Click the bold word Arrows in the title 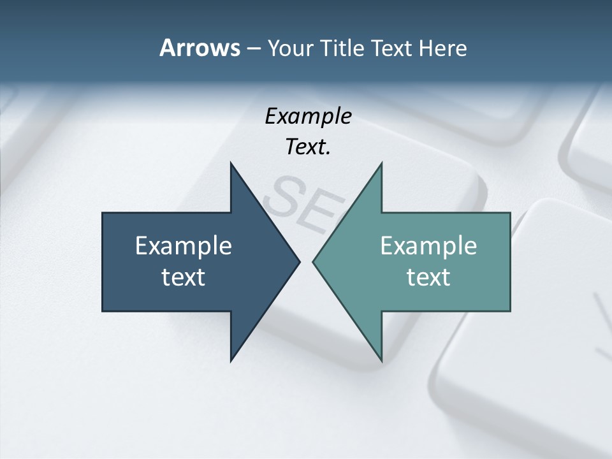[x=199, y=48]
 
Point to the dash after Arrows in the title [x=252, y=48]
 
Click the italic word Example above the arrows [x=308, y=117]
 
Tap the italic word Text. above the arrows [x=308, y=147]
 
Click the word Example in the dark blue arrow [x=184, y=245]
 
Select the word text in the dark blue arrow [x=184, y=277]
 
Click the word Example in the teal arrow [x=428, y=245]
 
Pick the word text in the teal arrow [x=428, y=277]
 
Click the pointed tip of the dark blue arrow [x=299, y=261]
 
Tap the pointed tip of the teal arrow [x=313, y=261]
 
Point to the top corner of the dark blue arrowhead [x=231, y=163]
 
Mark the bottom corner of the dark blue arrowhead [x=231, y=361]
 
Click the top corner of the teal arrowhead [x=381, y=163]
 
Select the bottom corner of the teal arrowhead [x=381, y=361]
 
